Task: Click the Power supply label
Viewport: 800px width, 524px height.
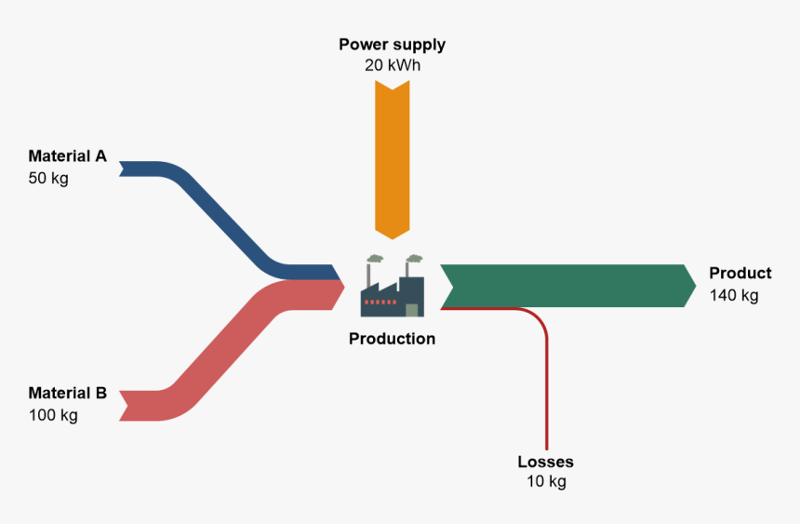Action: [x=392, y=45]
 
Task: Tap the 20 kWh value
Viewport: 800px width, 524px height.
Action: [x=392, y=66]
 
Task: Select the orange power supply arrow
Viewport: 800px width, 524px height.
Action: [x=392, y=158]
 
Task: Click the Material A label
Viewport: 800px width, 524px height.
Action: [x=67, y=156]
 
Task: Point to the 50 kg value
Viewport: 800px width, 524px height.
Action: [x=48, y=178]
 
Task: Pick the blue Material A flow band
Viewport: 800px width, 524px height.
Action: [x=223, y=214]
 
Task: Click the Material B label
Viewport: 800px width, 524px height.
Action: [x=67, y=393]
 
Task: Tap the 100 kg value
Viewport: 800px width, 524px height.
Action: [x=53, y=415]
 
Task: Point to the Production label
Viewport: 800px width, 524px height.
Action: [x=392, y=339]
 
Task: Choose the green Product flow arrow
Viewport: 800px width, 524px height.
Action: [x=567, y=286]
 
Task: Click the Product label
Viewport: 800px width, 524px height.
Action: [x=740, y=274]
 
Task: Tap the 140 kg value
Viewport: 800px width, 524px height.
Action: [x=734, y=295]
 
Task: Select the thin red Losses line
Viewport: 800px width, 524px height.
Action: [x=546, y=391]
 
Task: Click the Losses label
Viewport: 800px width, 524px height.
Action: [x=545, y=462]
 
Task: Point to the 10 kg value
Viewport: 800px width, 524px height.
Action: [x=545, y=482]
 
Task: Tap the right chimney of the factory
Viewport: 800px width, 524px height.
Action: [x=409, y=268]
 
